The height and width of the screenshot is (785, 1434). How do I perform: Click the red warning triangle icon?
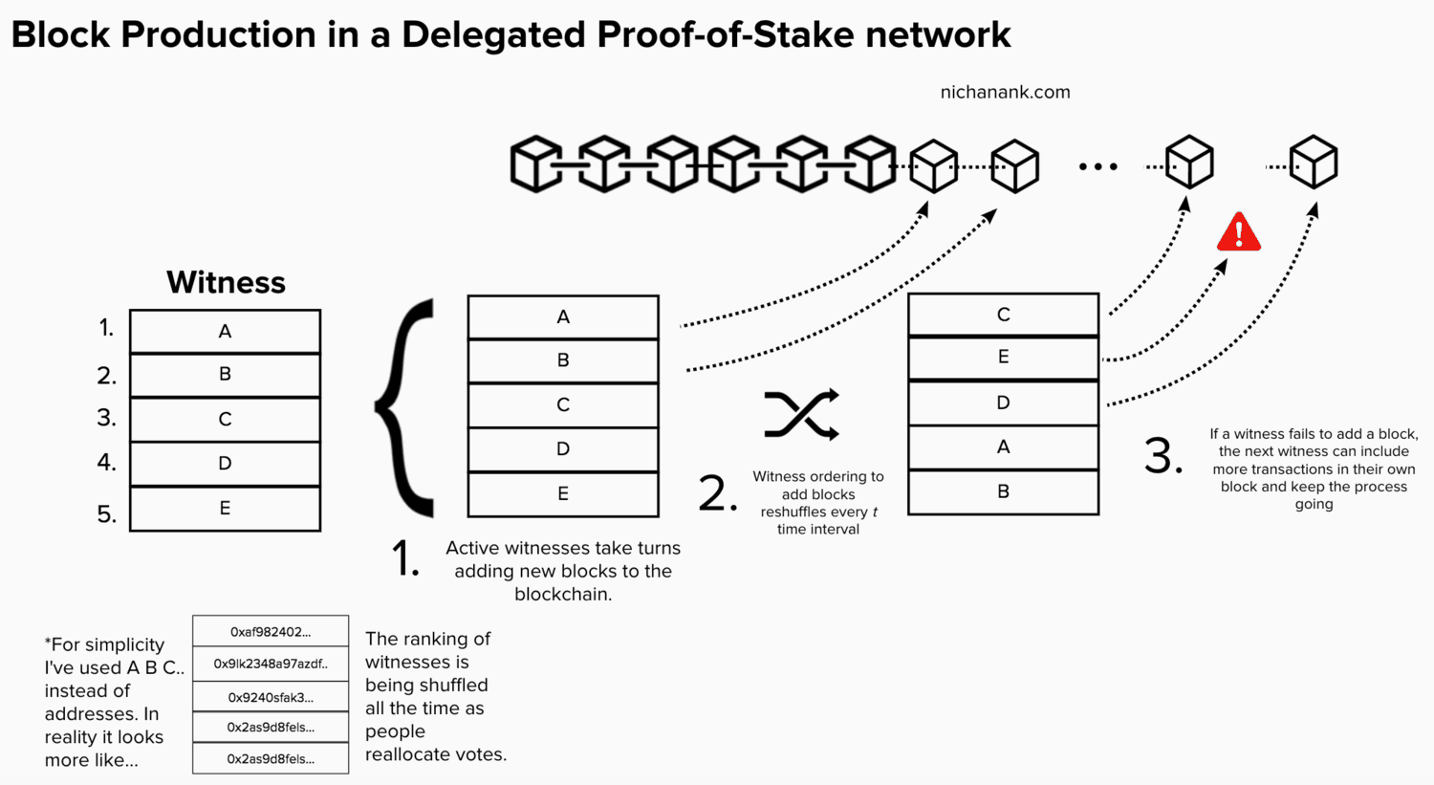(x=1238, y=232)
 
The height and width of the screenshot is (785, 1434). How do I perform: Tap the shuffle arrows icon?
(x=801, y=415)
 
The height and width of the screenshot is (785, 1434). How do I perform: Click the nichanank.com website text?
(x=1005, y=93)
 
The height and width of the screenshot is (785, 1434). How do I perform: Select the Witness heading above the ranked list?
(x=226, y=282)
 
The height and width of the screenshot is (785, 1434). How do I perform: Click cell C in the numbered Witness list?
(x=225, y=419)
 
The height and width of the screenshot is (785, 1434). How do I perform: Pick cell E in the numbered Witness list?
(x=225, y=508)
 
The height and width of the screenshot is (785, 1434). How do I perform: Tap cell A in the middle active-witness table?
(x=563, y=316)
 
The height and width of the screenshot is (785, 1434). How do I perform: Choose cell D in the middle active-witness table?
(x=563, y=449)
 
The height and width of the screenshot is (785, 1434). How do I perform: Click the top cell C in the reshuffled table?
(x=1003, y=315)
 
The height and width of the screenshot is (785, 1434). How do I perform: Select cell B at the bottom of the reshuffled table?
(x=1003, y=491)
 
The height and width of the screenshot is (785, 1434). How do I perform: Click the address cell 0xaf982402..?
(x=271, y=632)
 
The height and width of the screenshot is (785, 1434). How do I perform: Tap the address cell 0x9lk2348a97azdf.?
(x=271, y=664)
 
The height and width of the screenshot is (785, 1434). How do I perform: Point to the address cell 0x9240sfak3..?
(x=271, y=697)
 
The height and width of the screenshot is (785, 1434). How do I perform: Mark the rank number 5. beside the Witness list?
(x=107, y=514)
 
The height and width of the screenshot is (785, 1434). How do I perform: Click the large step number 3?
(x=1162, y=456)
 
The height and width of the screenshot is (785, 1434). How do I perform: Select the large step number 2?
(x=718, y=493)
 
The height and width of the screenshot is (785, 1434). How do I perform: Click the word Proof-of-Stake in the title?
(x=726, y=35)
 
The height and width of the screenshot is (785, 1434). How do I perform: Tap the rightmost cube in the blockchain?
(x=1313, y=163)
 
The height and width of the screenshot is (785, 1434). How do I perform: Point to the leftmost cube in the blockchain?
(x=535, y=164)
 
